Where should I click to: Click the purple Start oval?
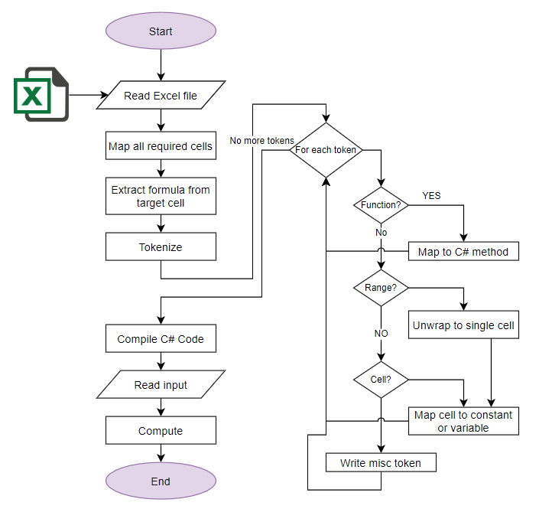pos(161,32)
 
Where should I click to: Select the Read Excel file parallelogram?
pos(161,96)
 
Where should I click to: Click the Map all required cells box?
pos(161,146)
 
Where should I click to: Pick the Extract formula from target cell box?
pos(161,196)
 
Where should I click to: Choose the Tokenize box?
pos(161,247)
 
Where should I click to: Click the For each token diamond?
pos(326,150)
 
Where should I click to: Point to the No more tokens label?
pos(261,141)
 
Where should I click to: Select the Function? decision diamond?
pos(380,205)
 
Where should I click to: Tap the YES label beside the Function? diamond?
pos(431,195)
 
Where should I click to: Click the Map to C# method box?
pos(463,251)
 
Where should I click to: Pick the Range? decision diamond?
pos(380,288)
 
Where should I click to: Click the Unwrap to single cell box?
pos(463,325)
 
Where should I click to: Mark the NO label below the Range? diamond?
pos(381,334)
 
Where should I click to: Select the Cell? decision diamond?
pos(380,378)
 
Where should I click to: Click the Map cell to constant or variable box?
pos(463,421)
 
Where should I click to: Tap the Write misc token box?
pos(380,462)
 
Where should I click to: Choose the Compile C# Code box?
pos(161,338)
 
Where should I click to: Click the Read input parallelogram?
pos(161,385)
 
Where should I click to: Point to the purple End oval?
pos(161,481)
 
